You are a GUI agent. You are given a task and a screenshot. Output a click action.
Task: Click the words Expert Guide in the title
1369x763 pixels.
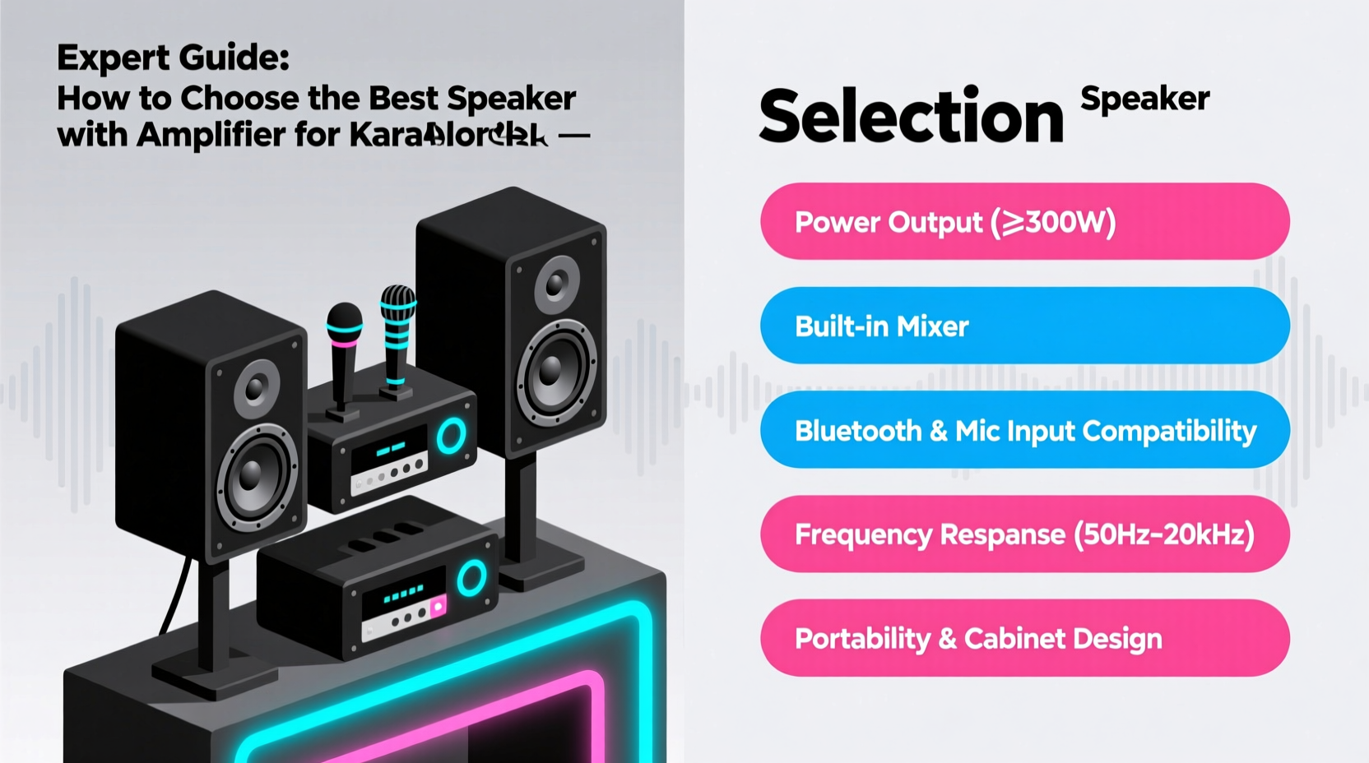[173, 58]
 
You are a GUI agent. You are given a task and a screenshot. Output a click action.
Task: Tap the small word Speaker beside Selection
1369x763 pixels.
[1144, 99]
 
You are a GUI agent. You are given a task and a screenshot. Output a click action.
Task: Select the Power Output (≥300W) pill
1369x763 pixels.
[1024, 222]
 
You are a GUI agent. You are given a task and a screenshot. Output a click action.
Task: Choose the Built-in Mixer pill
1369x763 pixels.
[1024, 326]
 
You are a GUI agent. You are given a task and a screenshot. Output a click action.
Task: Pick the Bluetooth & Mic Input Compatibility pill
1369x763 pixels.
[1024, 430]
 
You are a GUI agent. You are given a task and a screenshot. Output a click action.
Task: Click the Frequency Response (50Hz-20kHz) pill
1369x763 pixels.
[1024, 534]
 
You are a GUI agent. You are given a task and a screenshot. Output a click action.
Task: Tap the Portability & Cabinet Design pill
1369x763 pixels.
[1024, 639]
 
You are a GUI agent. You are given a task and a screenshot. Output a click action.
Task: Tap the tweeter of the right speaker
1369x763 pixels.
[557, 284]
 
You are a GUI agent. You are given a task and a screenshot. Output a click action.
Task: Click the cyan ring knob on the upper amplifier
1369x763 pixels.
[450, 436]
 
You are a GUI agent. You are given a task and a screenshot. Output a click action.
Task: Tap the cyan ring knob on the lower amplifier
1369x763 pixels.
[471, 578]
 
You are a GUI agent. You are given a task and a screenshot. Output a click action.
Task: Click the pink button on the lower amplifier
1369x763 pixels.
[438, 608]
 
